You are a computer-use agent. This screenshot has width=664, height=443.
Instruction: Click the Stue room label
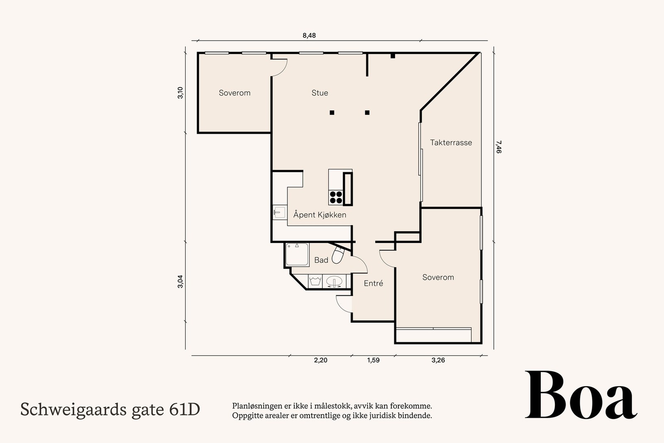[320, 93]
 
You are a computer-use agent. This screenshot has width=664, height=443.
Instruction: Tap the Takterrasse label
[451, 142]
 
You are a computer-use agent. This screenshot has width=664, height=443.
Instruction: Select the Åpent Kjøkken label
[320, 215]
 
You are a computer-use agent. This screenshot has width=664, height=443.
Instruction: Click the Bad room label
[321, 260]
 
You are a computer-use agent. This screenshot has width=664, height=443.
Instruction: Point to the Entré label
[373, 284]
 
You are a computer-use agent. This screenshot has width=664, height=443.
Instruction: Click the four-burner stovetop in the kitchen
[336, 197]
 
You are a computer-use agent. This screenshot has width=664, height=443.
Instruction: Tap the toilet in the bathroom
[338, 255]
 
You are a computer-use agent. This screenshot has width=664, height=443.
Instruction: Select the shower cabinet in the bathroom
[297, 255]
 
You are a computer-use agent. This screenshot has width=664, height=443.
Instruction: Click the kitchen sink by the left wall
[279, 213]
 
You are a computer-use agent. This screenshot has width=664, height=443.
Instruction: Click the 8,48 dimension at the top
[309, 36]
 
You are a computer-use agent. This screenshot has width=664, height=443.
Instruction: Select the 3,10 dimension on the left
[180, 93]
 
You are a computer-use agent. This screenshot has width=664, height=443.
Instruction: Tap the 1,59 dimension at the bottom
[373, 360]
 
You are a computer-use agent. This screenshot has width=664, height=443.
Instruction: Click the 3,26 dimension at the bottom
[438, 360]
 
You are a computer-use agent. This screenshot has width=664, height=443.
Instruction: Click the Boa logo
[581, 395]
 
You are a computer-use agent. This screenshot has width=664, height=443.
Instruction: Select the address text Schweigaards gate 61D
[110, 409]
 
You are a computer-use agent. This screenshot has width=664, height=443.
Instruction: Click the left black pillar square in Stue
[332, 113]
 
